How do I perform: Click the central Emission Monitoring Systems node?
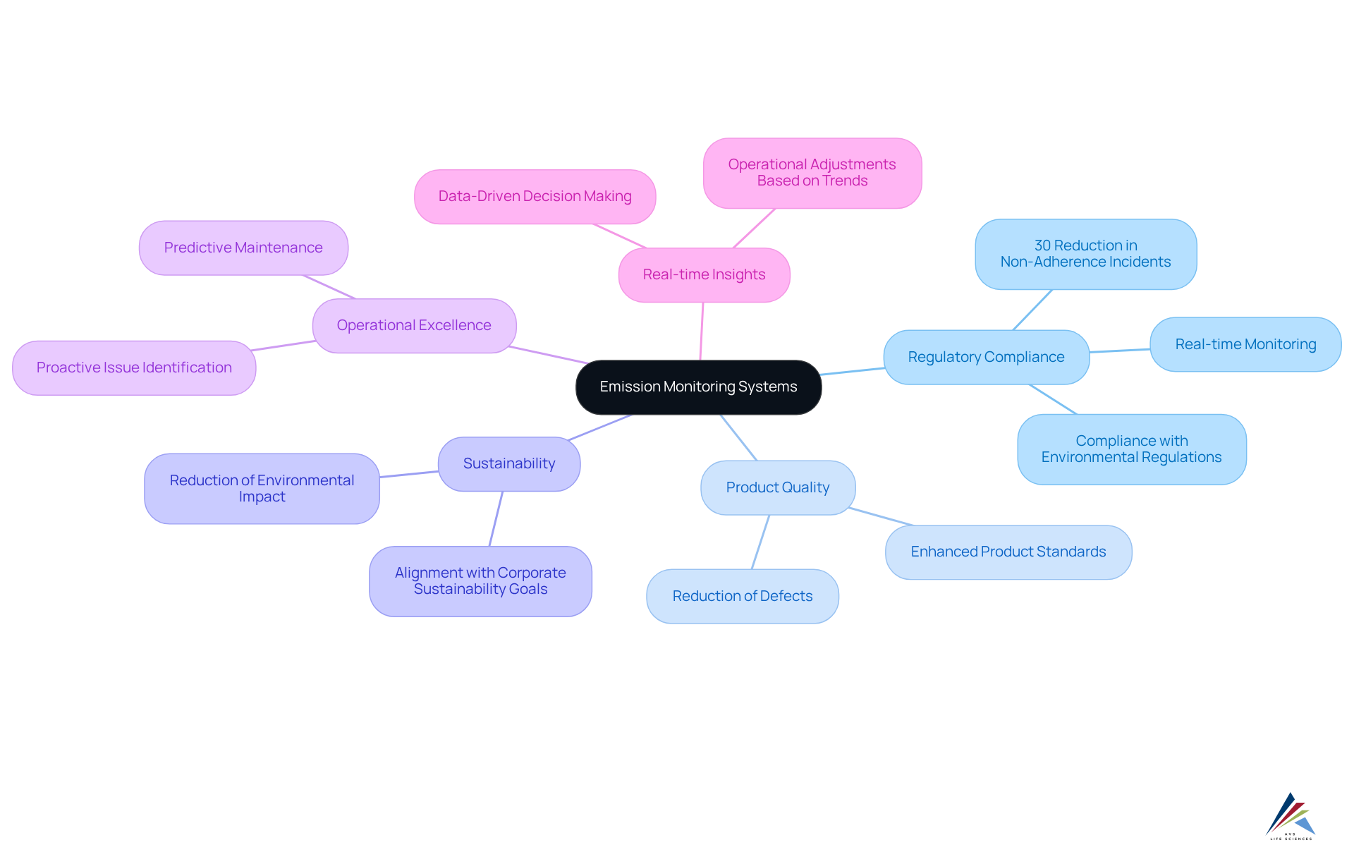coord(698,387)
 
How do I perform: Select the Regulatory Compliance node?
coord(986,358)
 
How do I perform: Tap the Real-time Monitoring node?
coord(1245,345)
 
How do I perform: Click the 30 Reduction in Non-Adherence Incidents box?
coord(1085,254)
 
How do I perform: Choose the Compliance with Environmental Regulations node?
coord(1131,449)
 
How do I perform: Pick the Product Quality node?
coord(778,488)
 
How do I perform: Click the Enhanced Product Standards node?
coord(1008,552)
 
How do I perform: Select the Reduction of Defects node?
coord(742,597)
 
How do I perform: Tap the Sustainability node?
coord(509,464)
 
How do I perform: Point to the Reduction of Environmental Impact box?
coord(262,489)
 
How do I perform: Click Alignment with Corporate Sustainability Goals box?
coord(480,581)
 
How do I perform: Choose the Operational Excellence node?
coord(414,326)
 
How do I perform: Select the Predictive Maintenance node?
coord(243,248)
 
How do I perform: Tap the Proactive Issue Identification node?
coord(134,368)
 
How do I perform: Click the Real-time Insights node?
coord(704,275)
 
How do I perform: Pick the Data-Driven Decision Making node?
coord(535,197)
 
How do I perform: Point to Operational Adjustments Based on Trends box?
coord(812,173)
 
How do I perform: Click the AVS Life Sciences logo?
coord(1291,816)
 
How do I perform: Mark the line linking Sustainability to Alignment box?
coord(496,519)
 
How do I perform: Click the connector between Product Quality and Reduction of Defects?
coord(760,542)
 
